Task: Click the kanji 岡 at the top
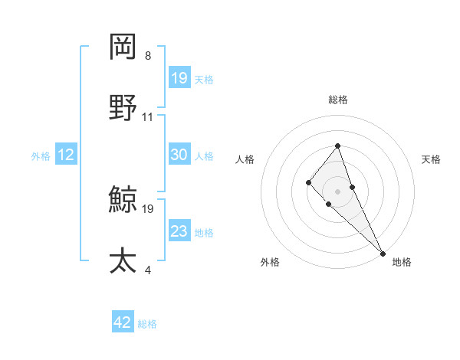[x=123, y=47]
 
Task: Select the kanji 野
[x=123, y=107]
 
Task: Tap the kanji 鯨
[x=123, y=200]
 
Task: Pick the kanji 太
[x=123, y=260]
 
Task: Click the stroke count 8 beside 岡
[x=148, y=56]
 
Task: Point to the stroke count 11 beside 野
[x=148, y=117]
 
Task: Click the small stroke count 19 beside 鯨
[x=148, y=208]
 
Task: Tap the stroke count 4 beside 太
[x=148, y=270]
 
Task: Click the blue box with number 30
[x=179, y=155]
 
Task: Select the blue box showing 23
[x=179, y=231]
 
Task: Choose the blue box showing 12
[x=66, y=155]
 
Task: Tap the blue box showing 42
[x=123, y=322]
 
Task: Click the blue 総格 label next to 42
[x=147, y=324]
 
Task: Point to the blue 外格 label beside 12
[x=41, y=156]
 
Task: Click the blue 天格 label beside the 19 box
[x=204, y=79]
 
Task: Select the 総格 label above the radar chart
[x=338, y=100]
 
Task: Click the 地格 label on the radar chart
[x=402, y=262]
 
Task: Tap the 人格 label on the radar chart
[x=245, y=159]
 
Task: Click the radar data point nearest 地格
[x=383, y=253]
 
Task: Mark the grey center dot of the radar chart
[x=337, y=191]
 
